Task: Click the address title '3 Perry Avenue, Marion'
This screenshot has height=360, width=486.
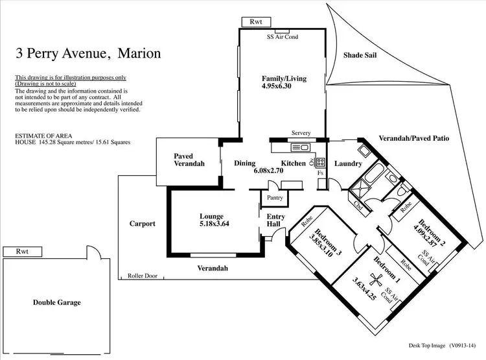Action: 87,54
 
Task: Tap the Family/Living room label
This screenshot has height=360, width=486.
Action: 284,78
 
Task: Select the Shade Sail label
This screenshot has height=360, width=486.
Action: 360,56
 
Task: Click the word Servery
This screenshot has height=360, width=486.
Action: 301,133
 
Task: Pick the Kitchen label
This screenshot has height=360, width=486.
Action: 293,163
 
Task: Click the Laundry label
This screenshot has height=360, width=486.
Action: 348,163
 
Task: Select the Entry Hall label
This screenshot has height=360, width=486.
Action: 275,221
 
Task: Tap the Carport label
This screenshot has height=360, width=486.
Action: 143,224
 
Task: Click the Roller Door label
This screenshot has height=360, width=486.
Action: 143,276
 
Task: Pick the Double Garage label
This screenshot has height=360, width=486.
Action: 58,302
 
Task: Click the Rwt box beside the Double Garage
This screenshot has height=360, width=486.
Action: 23,252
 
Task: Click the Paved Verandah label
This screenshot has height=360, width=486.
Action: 189,160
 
